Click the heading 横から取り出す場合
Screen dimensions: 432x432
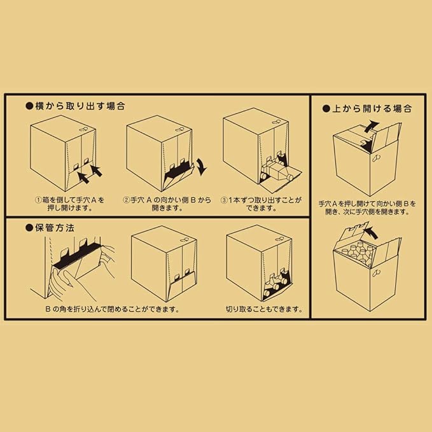pyautogui.click(x=80, y=106)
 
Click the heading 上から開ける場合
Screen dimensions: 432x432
pyautogui.click(x=372, y=108)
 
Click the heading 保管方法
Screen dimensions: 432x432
pyautogui.click(x=55, y=228)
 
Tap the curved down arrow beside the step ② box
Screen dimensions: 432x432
pyautogui.click(x=202, y=167)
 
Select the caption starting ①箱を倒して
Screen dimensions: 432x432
pyautogui.click(x=70, y=204)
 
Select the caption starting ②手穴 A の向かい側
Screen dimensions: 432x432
pyautogui.click(x=167, y=204)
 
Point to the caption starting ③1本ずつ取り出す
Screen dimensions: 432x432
pyautogui.click(x=261, y=204)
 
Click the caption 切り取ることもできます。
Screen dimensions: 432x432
pyautogui.click(x=264, y=309)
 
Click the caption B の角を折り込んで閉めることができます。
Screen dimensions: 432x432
pyautogui.click(x=113, y=309)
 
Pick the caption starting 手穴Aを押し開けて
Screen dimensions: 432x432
pyautogui.click(x=367, y=208)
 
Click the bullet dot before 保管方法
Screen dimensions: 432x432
pyautogui.click(x=29, y=228)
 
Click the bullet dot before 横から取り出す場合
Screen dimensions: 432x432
pyautogui.click(x=29, y=106)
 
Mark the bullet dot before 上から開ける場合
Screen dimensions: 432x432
pyautogui.click(x=326, y=109)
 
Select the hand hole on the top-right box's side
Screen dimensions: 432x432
pyautogui.click(x=377, y=158)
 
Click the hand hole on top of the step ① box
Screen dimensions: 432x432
pyautogui.click(x=83, y=129)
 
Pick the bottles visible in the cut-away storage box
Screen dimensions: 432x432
pyautogui.click(x=276, y=284)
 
